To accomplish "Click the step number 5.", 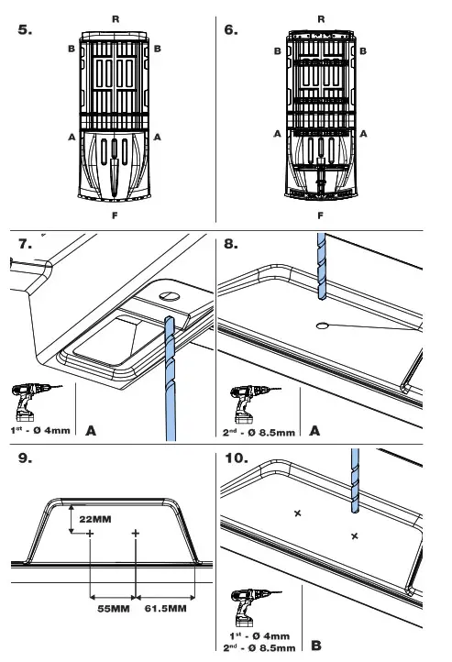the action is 25,29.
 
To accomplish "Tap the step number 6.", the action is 231,29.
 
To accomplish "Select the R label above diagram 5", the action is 116,19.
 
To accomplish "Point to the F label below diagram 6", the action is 320,215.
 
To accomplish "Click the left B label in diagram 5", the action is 72,49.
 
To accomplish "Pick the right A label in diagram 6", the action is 363,134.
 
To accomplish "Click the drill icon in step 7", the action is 37,402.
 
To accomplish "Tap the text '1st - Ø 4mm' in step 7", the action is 40,431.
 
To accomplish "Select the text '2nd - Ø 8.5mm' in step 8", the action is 259,433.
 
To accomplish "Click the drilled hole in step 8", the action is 322,325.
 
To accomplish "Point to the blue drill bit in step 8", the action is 322,267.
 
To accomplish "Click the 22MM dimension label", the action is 95,519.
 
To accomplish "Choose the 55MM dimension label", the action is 114,609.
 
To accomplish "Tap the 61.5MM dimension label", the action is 165,609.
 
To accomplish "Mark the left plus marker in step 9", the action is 90,534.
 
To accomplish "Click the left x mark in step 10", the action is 298,513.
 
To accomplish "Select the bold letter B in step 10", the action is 316,645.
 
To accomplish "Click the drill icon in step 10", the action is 255,608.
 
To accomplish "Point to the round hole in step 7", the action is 170,296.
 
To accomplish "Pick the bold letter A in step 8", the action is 314,431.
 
